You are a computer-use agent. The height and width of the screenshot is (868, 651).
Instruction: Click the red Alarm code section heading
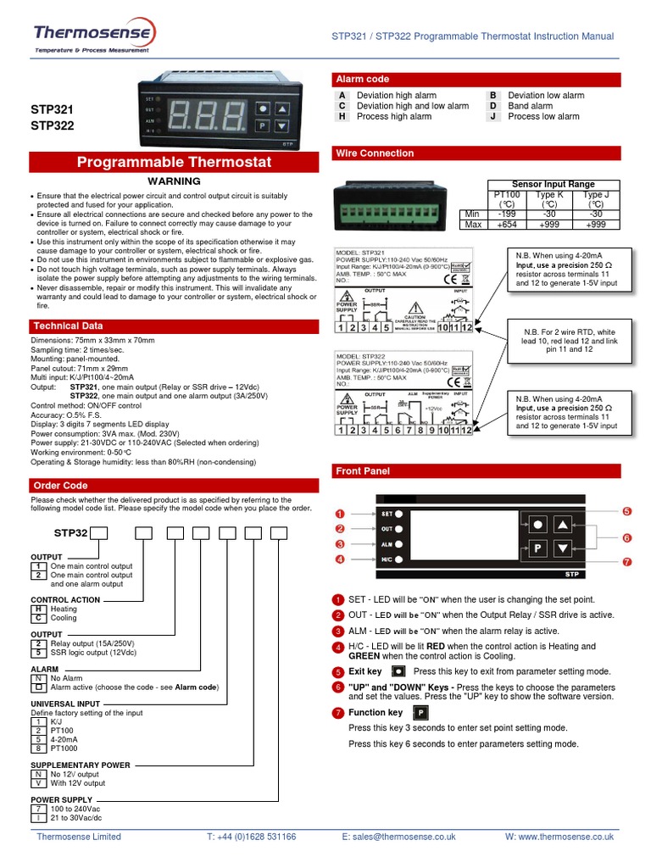tap(363, 79)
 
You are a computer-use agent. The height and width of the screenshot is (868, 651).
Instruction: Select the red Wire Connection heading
tap(375, 153)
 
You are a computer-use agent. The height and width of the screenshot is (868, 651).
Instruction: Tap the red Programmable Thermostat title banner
tap(175, 162)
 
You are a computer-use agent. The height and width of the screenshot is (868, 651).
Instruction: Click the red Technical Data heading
tap(68, 325)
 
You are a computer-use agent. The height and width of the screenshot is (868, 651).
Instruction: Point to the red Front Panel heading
tap(363, 470)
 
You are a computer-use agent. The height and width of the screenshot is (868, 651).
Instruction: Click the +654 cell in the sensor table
tap(508, 225)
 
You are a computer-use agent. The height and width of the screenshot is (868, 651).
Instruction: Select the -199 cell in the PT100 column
tap(508, 214)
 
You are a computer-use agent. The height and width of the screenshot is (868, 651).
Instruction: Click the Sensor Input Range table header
tap(554, 184)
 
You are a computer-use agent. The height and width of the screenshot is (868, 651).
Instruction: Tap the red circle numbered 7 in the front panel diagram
tap(626, 561)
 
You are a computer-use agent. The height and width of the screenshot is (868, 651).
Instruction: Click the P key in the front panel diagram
tap(537, 548)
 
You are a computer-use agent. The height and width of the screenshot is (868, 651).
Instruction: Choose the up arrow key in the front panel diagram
tap(563, 524)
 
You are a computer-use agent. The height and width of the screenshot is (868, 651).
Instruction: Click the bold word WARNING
tap(175, 181)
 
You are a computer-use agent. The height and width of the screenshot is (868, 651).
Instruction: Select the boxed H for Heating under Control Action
tap(37, 609)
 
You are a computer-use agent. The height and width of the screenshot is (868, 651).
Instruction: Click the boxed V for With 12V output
tap(37, 783)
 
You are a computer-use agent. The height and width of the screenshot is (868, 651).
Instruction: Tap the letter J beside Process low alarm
tap(492, 116)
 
